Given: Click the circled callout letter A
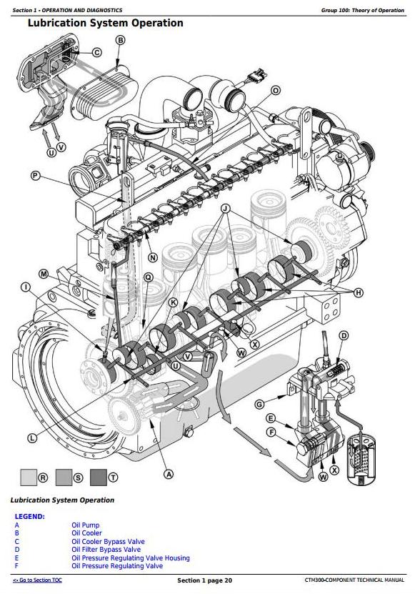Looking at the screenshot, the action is [x=169, y=474].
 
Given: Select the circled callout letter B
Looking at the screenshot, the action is [x=121, y=40].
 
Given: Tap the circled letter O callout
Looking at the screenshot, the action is [x=276, y=91].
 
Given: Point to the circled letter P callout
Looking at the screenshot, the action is [x=35, y=175].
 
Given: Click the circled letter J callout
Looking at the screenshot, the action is [x=226, y=209].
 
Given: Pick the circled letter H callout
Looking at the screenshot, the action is [x=358, y=292].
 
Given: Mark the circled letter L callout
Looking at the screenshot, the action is [x=32, y=438].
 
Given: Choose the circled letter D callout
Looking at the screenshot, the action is [x=344, y=336].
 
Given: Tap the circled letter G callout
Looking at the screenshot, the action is [x=259, y=405].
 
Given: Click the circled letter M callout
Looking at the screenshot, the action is [x=44, y=274].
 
